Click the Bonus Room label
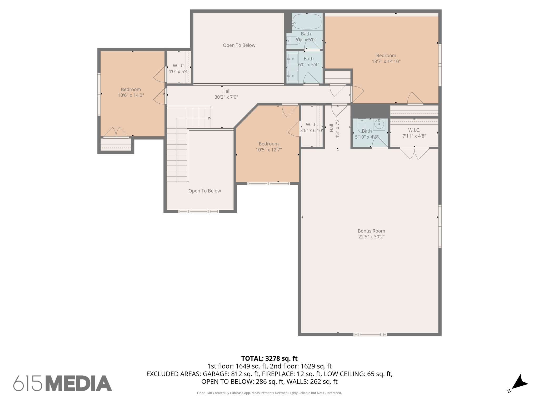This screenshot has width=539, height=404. [x=371, y=231]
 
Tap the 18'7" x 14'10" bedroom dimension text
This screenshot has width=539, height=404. [x=386, y=62]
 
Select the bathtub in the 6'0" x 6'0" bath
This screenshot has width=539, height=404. [x=307, y=21]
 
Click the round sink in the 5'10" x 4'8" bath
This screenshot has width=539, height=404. [x=379, y=124]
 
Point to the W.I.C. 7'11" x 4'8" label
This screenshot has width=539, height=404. [x=414, y=133]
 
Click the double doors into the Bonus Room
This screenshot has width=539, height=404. [x=414, y=153]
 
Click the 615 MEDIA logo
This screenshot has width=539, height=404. [x=63, y=383]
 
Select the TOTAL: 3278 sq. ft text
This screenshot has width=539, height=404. [x=269, y=358]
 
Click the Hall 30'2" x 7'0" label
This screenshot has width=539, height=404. [x=226, y=94]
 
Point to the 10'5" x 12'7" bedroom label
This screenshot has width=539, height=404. [x=268, y=147]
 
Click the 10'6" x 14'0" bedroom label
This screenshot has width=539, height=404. [x=131, y=92]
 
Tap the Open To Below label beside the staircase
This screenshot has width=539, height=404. [x=204, y=191]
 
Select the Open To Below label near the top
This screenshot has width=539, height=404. [x=239, y=45]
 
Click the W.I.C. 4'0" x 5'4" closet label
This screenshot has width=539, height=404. [x=179, y=68]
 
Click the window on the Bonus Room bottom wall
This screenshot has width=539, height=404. [x=370, y=335]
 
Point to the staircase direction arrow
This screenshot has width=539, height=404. [x=209, y=118]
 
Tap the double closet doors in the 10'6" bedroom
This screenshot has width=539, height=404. [x=116, y=132]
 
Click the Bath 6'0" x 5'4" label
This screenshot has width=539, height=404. [x=308, y=62]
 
